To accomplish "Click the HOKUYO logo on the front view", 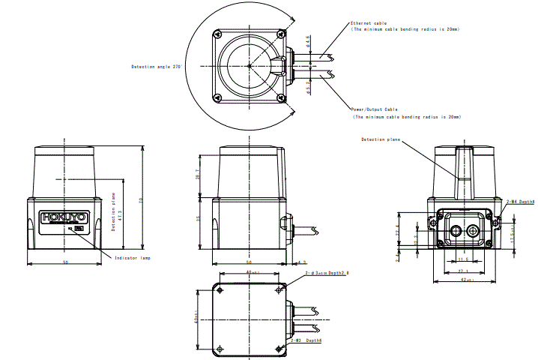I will [x=65, y=217].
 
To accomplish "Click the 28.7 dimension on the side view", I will [x=199, y=175].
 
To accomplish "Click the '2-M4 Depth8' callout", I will [x=520, y=202].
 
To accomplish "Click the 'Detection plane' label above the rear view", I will [x=380, y=139].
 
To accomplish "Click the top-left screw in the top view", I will [x=217, y=34].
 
